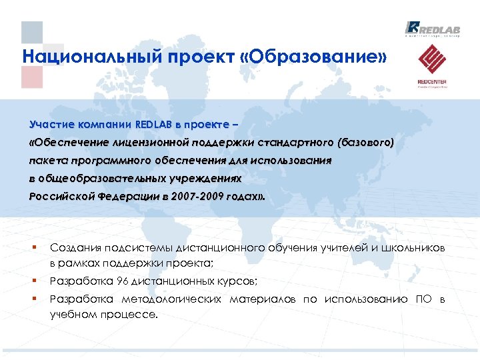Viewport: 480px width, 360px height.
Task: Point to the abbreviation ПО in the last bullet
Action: [422, 299]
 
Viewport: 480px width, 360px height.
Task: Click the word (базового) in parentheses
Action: [365, 142]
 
